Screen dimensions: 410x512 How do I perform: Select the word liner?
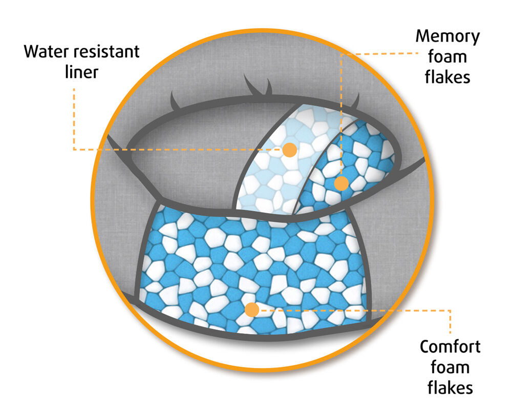(81, 72)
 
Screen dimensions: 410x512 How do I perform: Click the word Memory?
(447, 37)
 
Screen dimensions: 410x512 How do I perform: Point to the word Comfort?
(450, 346)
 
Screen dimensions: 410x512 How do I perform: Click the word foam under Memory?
(450, 57)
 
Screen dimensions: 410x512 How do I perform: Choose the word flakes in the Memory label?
(450, 77)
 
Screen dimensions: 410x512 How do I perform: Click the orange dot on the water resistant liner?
(289, 150)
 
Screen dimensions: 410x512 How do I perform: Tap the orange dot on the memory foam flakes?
(342, 183)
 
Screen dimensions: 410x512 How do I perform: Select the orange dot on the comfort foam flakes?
(251, 310)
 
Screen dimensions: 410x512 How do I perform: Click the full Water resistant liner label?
(81, 61)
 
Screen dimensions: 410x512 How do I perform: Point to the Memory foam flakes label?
(449, 57)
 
